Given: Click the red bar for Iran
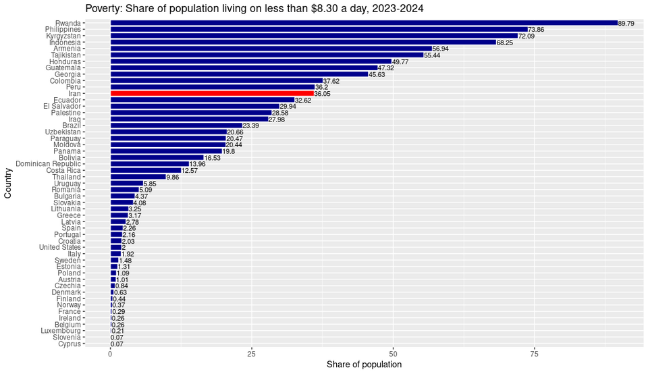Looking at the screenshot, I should (212, 93).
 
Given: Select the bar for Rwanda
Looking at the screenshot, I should (363, 23).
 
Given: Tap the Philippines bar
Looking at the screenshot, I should (319, 29).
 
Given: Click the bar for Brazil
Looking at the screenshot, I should (176, 126).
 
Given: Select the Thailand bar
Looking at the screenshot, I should (138, 177).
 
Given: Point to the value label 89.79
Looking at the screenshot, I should (626, 24).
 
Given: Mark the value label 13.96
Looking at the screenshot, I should (197, 164).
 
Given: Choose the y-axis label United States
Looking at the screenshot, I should (60, 248).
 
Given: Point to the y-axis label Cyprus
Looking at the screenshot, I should (70, 344).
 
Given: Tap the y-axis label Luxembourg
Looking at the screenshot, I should (61, 331).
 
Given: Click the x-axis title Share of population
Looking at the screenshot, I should (364, 365).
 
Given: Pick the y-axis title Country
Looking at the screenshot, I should (8, 183).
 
